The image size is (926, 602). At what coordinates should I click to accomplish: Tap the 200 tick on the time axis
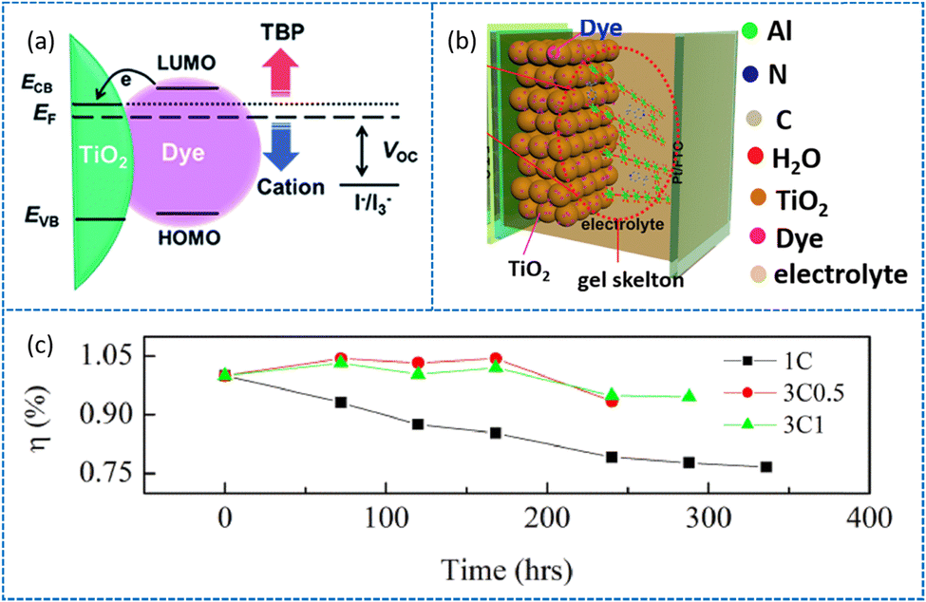click(546, 520)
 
